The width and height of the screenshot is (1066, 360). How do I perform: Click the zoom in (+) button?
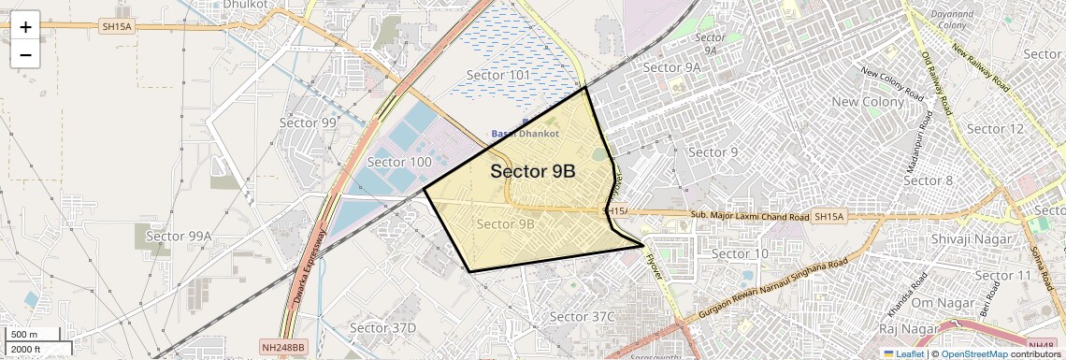click(25, 27)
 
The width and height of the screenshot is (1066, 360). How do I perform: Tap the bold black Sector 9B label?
click(532, 172)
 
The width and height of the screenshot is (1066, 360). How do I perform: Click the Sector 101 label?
click(498, 75)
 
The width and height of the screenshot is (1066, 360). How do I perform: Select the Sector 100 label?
click(399, 162)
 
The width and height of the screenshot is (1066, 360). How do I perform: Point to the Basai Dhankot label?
click(525, 134)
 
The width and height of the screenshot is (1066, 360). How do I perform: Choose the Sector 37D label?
click(382, 327)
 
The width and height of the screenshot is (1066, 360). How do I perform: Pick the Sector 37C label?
click(582, 316)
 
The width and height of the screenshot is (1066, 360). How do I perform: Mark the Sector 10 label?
click(740, 253)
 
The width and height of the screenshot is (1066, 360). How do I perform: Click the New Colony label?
click(868, 101)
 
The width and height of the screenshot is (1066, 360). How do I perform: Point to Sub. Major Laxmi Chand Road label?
click(750, 216)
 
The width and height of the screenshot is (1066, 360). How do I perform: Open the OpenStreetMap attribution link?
click(973, 353)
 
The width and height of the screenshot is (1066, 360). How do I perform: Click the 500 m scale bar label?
click(23, 335)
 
